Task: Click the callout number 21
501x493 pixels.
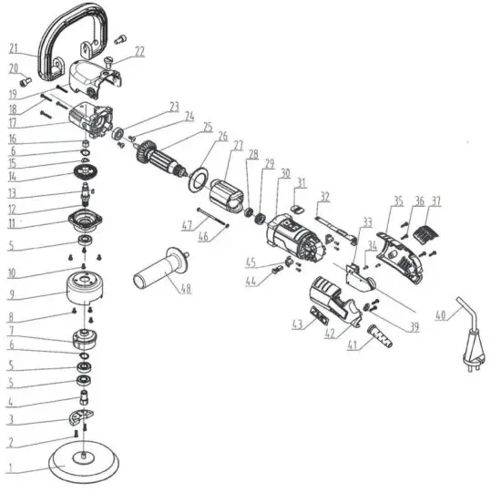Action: point(13,48)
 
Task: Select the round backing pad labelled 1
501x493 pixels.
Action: point(84,464)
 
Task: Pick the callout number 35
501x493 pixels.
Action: point(397,200)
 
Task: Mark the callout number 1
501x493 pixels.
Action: point(12,470)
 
